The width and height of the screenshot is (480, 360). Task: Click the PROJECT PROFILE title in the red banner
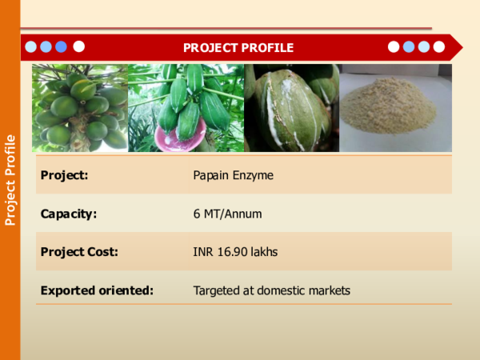point(238,48)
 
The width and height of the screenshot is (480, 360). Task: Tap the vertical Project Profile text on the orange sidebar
point(10,180)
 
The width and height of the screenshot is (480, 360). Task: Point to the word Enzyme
point(254,174)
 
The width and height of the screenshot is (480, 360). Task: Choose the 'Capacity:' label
point(69,214)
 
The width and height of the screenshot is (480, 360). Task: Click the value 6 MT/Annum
point(227,214)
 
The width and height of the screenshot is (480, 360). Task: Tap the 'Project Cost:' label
point(79,252)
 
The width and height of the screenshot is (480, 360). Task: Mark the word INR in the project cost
point(203,252)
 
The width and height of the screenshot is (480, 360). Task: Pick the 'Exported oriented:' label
point(97,290)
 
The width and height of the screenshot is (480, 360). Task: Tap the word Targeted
point(218,290)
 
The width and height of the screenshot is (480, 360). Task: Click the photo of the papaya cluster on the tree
point(80,108)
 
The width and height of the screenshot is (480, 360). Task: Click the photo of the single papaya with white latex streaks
point(291,108)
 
